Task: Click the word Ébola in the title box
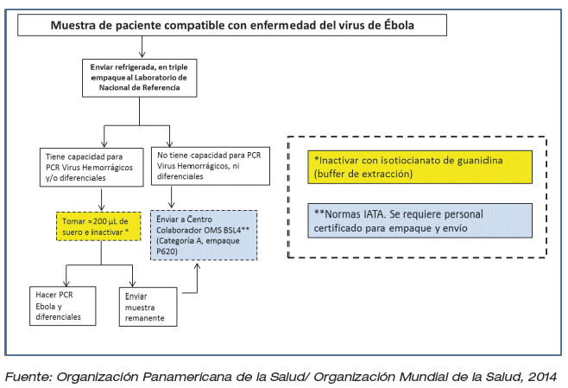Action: tap(399, 25)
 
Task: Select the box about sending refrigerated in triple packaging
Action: tap(140, 78)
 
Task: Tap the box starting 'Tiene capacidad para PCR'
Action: tap(92, 167)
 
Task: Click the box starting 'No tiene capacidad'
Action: tap(211, 166)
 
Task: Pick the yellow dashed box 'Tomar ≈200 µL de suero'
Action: tap(98, 226)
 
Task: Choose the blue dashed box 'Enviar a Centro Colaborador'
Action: tap(204, 235)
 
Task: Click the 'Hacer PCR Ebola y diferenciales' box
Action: tap(63, 306)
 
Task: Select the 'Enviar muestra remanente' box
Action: tap(148, 307)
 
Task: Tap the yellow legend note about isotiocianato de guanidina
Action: tap(420, 167)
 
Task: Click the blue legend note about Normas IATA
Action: tap(420, 221)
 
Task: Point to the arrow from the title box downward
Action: tap(142, 47)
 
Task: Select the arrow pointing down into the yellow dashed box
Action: tap(102, 200)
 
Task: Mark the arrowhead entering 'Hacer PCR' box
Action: tap(66, 283)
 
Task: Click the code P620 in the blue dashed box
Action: tap(167, 251)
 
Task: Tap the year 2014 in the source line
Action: tap(542, 377)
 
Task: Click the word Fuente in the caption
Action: tap(29, 377)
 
